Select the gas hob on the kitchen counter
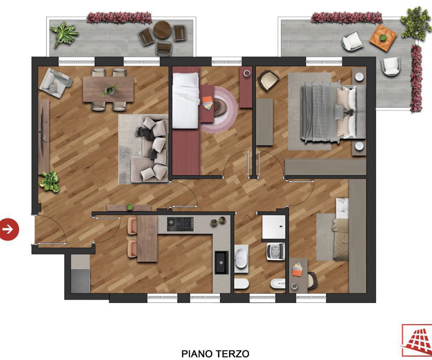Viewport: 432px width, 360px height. click(180, 224)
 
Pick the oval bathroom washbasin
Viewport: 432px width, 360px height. click(241, 258)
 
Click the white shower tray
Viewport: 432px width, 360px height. click(274, 227)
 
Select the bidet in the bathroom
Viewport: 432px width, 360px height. click(278, 283)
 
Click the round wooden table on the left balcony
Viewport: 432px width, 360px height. click(162, 30)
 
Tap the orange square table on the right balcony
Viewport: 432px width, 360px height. click(383, 38)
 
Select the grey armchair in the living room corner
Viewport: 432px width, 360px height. click(55, 83)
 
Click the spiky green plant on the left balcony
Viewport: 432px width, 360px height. click(64, 34)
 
